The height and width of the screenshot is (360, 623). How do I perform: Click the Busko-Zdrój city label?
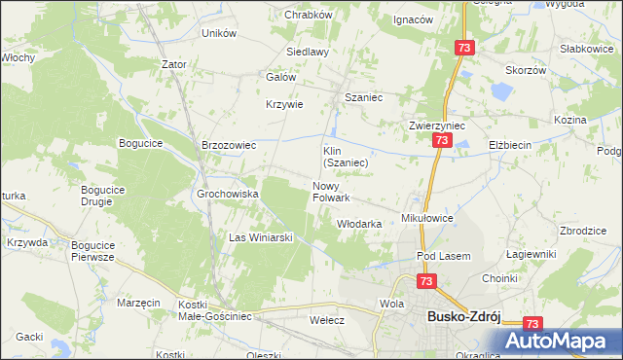465,316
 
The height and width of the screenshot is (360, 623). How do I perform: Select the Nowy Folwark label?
331,192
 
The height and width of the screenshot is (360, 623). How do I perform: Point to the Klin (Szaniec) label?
345,157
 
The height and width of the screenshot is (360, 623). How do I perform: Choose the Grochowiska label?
228,194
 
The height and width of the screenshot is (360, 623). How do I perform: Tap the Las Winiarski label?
261,236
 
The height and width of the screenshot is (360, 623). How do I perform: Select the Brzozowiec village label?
228,145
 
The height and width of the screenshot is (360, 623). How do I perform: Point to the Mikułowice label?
428,219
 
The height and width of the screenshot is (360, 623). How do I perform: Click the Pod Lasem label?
443,256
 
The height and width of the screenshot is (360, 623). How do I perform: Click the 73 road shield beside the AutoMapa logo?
531,324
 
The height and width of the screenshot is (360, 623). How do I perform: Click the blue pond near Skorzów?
501,93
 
